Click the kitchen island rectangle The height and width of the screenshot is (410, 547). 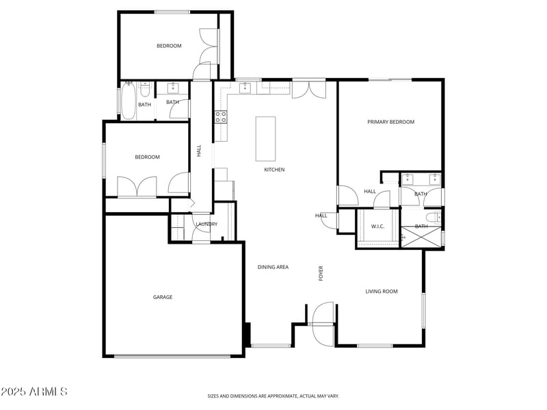coord(265,138)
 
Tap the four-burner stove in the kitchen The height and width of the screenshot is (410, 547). coord(221,116)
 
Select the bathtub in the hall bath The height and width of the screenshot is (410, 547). coord(128,100)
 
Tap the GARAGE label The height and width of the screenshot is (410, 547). coord(162,297)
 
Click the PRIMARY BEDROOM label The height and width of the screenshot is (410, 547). coord(390,122)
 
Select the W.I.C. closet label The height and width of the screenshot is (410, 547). coord(377,227)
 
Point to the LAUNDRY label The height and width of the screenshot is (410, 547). coord(206,224)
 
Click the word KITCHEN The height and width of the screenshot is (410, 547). coord(274,170)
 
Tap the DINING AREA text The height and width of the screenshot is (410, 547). coord(273,267)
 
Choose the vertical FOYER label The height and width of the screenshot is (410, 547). coord(321,273)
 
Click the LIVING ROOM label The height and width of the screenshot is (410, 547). coord(381,292)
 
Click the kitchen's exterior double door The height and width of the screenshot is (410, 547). coord(309,89)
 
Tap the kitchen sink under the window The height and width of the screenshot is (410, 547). coord(244,88)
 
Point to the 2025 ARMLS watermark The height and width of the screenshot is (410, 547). coord(34,392)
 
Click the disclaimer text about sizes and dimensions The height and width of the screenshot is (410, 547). coord(273,396)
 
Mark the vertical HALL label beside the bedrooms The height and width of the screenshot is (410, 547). coord(199,150)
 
